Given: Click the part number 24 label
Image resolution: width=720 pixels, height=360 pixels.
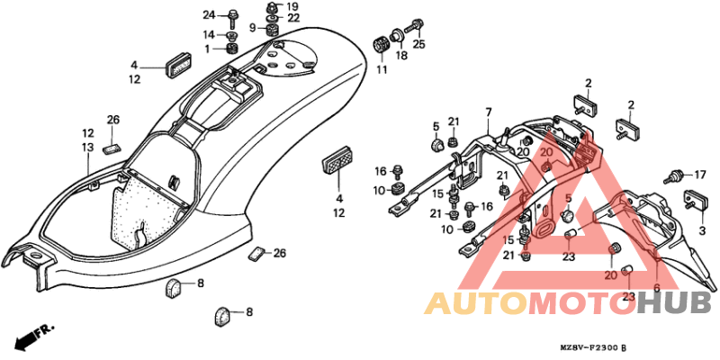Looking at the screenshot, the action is (209, 15).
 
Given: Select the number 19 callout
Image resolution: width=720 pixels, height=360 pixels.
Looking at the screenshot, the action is (292, 7).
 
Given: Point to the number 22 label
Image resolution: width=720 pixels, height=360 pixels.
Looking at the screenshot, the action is (294, 18).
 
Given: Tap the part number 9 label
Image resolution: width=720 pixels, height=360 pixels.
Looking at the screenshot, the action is (253, 29).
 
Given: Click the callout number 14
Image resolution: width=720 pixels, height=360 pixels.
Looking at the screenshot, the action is (209, 35).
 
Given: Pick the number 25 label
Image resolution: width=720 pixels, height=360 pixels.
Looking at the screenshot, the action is (418, 44).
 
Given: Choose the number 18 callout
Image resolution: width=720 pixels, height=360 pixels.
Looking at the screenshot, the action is (401, 56).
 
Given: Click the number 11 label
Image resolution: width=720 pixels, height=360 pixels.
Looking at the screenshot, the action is (382, 69).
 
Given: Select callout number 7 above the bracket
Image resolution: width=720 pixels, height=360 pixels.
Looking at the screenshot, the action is (489, 112).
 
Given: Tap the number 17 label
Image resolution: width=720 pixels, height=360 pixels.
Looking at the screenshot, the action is (699, 175).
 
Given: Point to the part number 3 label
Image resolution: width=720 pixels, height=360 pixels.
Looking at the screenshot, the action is (702, 231).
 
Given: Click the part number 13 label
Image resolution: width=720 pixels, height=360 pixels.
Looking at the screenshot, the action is (87, 148).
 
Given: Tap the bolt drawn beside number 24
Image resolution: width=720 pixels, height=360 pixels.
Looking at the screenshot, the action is (233, 16).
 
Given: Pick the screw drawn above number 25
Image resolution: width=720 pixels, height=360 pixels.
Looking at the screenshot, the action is (413, 25).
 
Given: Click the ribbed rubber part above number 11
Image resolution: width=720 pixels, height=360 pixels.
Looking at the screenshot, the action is (380, 47).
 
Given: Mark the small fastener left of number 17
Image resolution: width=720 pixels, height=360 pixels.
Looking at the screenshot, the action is (673, 177).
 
